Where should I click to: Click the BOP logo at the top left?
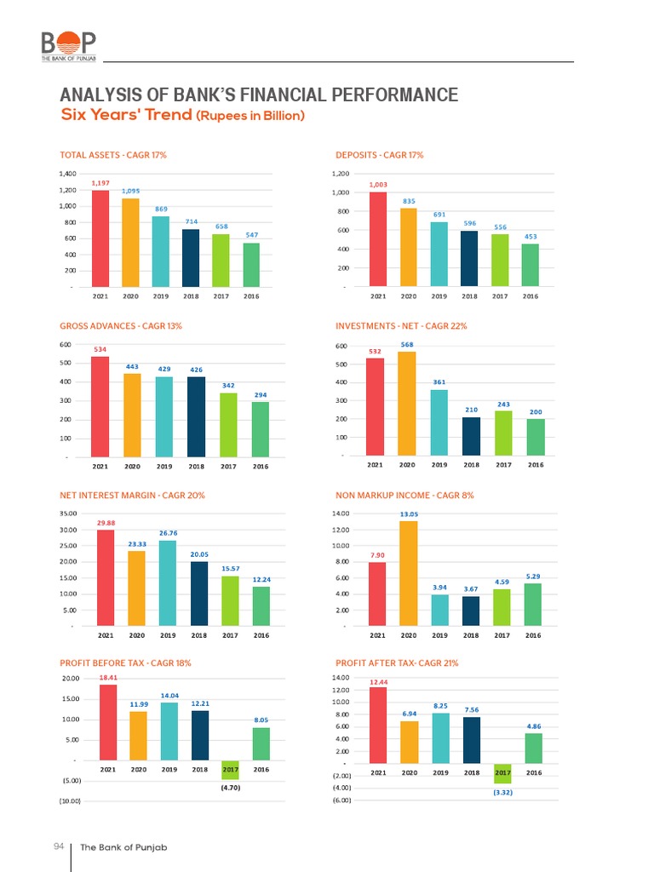(69, 45)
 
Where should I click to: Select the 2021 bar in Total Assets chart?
(100, 238)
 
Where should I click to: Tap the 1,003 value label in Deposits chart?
(377, 184)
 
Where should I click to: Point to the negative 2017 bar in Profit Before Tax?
(231, 770)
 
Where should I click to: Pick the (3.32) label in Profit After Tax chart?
(502, 793)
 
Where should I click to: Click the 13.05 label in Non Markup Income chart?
(408, 513)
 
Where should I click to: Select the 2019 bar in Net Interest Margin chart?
(168, 582)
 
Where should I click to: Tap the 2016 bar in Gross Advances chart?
(261, 428)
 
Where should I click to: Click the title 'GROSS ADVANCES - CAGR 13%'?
(121, 326)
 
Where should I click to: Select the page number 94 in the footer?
(59, 846)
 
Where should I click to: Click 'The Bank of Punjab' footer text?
(118, 847)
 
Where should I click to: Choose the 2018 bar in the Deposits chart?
(469, 258)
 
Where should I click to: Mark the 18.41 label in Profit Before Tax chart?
(108, 678)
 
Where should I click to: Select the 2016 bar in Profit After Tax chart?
(533, 748)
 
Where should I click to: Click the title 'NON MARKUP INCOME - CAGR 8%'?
(404, 495)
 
